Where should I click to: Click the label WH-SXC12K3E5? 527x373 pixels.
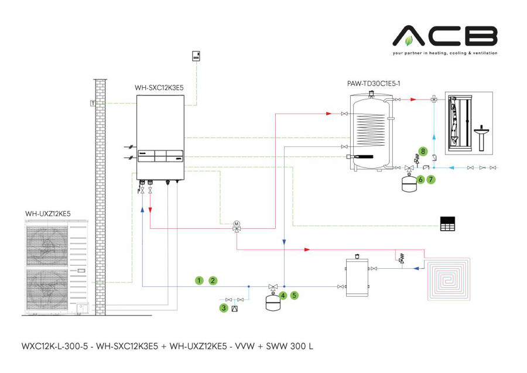(x=159, y=88)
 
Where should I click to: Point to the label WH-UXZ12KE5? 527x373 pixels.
(x=48, y=214)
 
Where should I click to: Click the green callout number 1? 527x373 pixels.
(x=199, y=280)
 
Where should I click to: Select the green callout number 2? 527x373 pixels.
(x=213, y=280)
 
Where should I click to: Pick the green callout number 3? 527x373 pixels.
(x=224, y=307)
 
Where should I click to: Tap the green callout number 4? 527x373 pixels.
(x=283, y=296)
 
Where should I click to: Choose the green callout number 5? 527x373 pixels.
(x=295, y=296)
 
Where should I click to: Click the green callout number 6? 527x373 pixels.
(x=420, y=179)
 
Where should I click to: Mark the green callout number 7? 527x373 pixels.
(x=431, y=179)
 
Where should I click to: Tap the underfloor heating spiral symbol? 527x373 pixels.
(x=449, y=277)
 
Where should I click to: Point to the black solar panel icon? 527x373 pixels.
(x=447, y=224)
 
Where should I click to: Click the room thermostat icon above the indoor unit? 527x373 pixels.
(x=196, y=56)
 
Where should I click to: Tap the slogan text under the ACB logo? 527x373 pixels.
(x=445, y=53)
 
